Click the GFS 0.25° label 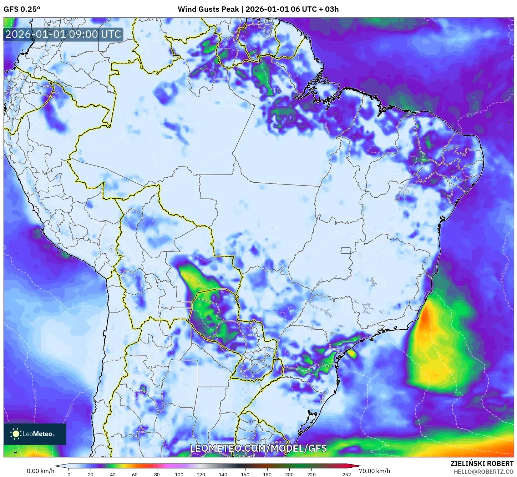click(x=22, y=9)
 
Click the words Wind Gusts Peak click(x=208, y=9)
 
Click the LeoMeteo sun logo click(x=16, y=434)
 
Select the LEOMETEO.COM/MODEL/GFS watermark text click(x=258, y=448)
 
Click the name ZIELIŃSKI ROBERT click(x=482, y=463)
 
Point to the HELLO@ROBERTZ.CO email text click(x=483, y=472)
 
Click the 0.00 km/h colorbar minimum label click(x=40, y=471)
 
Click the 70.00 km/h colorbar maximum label click(x=374, y=471)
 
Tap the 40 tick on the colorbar click(x=113, y=475)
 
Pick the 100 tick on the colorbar click(x=179, y=475)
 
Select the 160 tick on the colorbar click(x=245, y=475)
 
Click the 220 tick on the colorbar click(x=311, y=475)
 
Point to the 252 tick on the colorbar click(x=347, y=475)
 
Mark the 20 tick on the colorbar click(x=91, y=475)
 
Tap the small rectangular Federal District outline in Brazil click(x=346, y=250)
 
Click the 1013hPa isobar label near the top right click(x=474, y=113)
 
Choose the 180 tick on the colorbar click(x=267, y=475)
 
